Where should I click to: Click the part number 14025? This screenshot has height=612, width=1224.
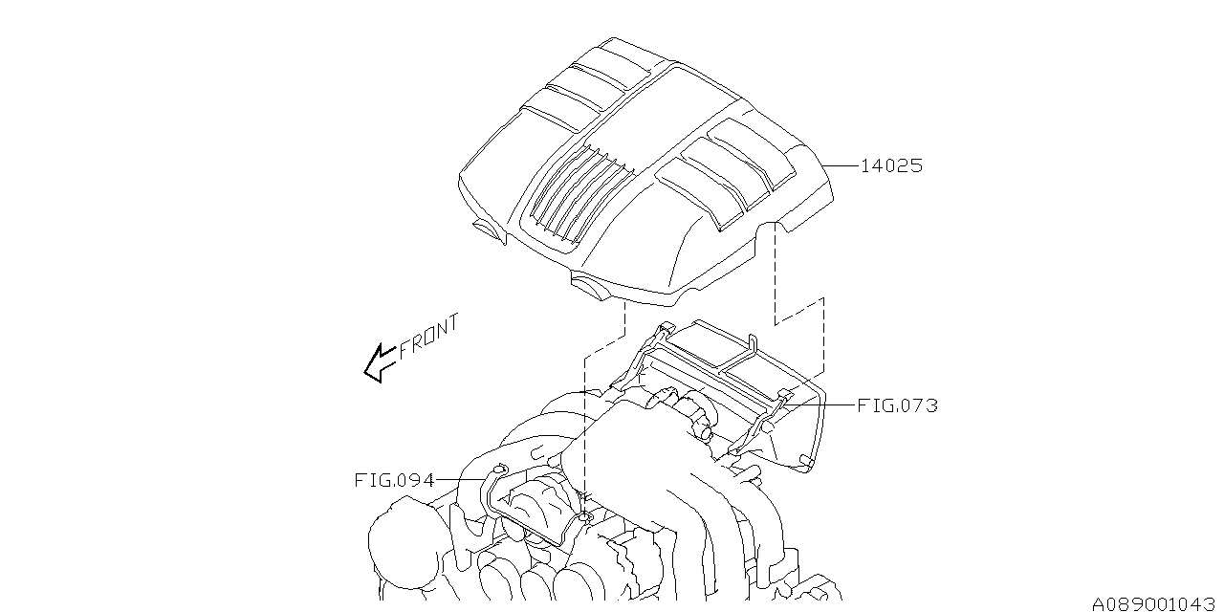(x=891, y=165)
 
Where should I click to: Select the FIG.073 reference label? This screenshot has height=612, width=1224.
(x=896, y=405)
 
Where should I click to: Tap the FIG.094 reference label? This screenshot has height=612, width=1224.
(x=394, y=480)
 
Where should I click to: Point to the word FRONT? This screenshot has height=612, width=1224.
(x=428, y=335)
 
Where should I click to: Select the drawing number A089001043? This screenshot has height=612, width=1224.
(x=1152, y=602)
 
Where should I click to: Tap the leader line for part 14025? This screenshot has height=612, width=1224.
(x=841, y=165)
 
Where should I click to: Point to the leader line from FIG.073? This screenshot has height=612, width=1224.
(x=822, y=405)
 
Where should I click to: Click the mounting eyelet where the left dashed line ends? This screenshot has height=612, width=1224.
(x=584, y=517)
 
